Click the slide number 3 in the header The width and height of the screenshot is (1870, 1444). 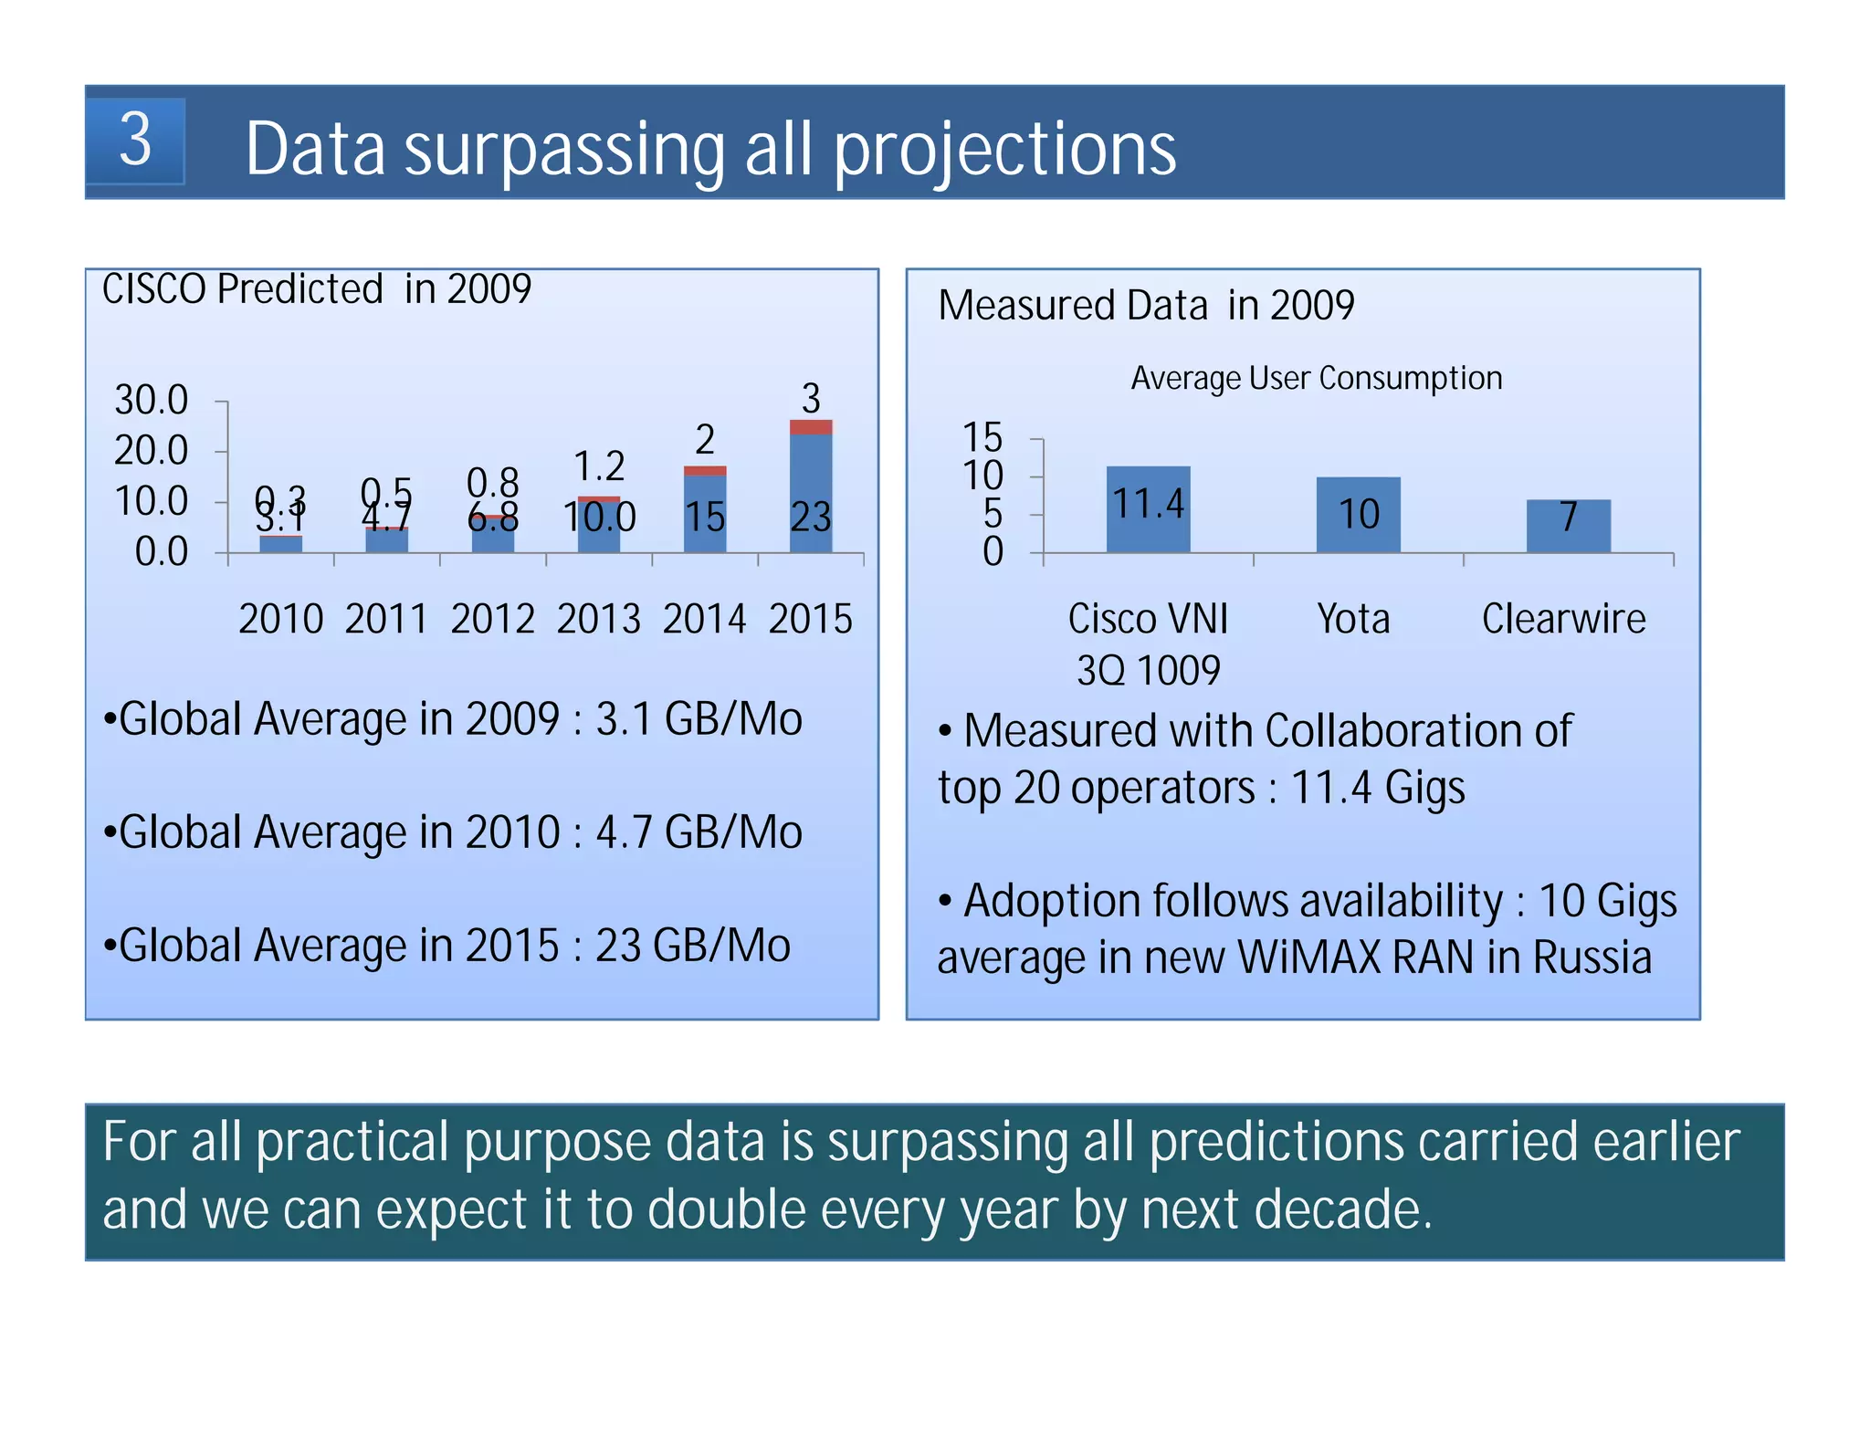click(135, 141)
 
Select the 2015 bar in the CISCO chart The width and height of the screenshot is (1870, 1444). click(810, 493)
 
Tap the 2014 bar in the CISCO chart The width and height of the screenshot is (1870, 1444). click(704, 513)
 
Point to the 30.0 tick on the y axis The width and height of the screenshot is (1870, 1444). click(151, 400)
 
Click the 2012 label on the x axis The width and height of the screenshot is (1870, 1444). click(492, 620)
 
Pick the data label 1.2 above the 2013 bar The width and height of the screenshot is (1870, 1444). click(599, 466)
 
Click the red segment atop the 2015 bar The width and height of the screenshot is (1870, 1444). click(810, 427)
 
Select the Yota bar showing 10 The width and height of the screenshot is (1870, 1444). click(1358, 514)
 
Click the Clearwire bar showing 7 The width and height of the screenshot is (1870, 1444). click(1568, 525)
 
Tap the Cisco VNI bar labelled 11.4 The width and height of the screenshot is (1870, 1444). click(1148, 508)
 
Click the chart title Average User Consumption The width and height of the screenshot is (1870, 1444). click(1316, 378)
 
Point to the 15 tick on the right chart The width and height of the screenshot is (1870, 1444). click(982, 437)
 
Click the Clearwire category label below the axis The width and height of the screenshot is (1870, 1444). click(1563, 620)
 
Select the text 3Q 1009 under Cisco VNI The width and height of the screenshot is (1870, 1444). click(1148, 671)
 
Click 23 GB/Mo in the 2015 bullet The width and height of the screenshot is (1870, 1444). click(692, 946)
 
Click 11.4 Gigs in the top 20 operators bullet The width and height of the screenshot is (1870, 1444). click(1377, 788)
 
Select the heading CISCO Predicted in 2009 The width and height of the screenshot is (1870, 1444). click(316, 289)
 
